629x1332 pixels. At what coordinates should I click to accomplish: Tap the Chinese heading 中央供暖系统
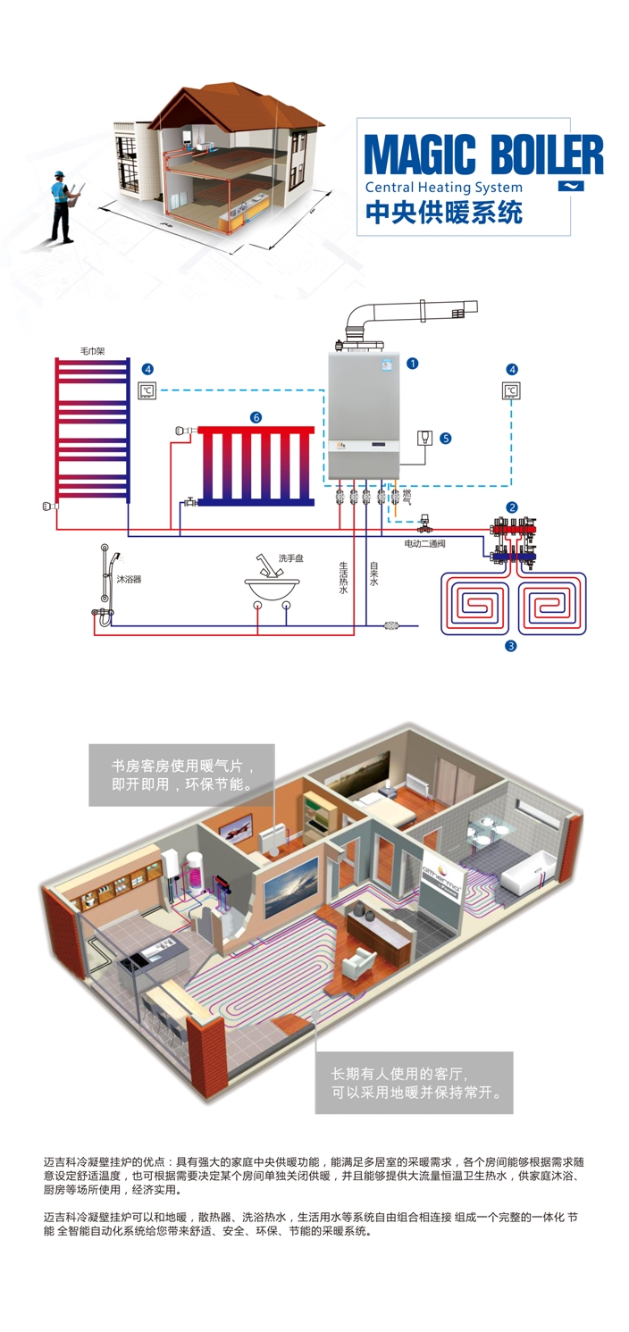(444, 214)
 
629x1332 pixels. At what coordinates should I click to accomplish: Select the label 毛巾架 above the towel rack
(92, 351)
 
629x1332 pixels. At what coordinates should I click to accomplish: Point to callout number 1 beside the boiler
(413, 363)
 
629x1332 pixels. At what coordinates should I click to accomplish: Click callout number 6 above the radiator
(256, 417)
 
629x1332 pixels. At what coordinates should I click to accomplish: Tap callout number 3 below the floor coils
(511, 645)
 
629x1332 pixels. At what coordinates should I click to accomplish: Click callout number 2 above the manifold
(512, 507)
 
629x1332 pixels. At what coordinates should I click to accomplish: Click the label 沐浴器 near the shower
(129, 579)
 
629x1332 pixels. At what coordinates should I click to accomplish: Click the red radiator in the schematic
(256, 465)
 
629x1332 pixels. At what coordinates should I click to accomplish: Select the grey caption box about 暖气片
(181, 774)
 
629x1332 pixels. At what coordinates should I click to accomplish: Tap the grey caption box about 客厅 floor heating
(414, 1083)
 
